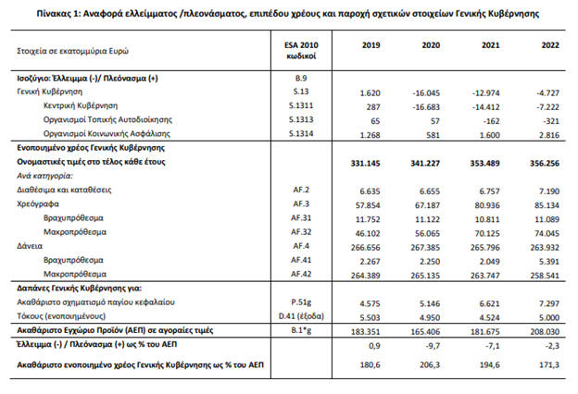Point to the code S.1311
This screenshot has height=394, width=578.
299,106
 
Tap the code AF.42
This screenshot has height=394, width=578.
299,274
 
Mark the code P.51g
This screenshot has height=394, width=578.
299,302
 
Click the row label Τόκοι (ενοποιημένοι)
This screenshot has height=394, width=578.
56,315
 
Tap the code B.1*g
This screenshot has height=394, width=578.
299,328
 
